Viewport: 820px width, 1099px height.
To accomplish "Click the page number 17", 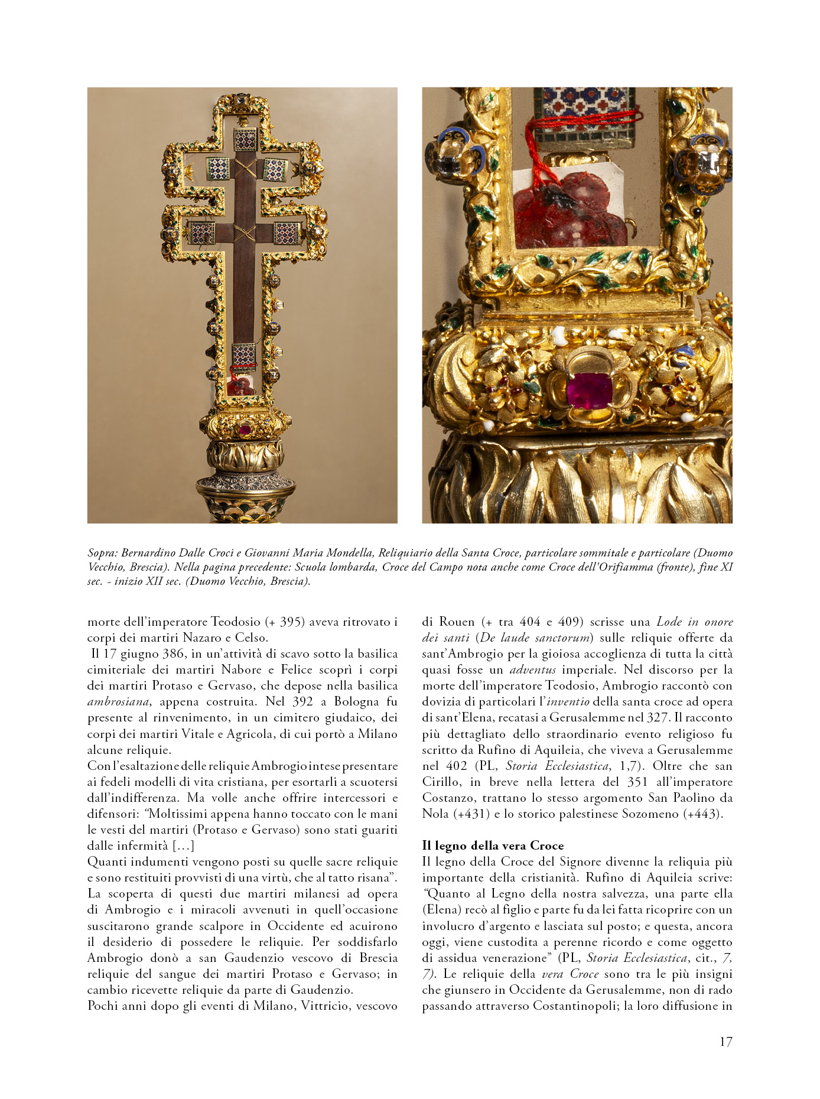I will pos(725,1042).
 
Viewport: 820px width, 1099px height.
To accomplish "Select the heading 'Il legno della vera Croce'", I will pos(493,846).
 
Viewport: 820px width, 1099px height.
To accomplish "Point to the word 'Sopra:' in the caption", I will pos(102,553).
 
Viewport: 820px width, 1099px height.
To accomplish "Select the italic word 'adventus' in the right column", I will pos(532,670).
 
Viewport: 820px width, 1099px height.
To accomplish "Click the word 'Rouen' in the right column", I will pos(457,622).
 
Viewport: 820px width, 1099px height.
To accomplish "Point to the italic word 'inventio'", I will pos(568,702).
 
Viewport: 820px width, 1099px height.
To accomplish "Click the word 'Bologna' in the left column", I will pos(356,702).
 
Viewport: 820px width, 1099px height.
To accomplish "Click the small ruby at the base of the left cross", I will pos(245,429).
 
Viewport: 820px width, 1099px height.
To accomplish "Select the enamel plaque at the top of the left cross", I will pos(245,139).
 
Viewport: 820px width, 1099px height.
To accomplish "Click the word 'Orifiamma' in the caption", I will pos(621,567).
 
